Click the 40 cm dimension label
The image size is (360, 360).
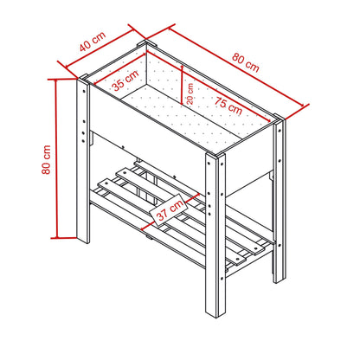(93, 42)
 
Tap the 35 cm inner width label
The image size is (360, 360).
(125, 80)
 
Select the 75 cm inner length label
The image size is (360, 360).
(228, 106)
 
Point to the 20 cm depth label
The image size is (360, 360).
(190, 93)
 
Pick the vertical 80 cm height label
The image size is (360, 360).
(47, 159)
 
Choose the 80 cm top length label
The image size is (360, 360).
(246, 62)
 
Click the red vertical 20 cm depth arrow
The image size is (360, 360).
(182, 85)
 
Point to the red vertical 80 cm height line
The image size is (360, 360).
(57, 158)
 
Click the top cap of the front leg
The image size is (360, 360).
(215, 155)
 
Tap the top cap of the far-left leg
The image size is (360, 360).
(83, 79)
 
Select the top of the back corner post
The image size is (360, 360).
(147, 43)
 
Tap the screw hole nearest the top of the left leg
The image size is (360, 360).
(84, 91)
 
